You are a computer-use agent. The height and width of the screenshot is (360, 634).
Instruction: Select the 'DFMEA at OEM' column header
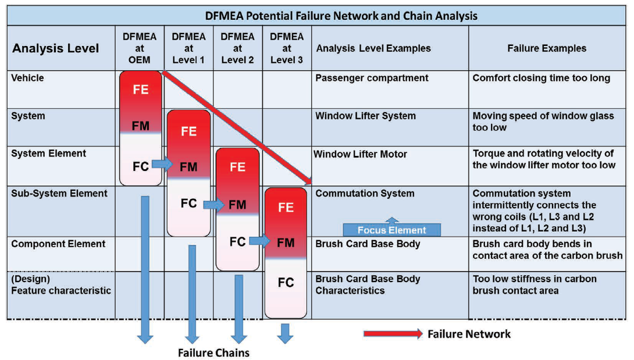pos(140,48)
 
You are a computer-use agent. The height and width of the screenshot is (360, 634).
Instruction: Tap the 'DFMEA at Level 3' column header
pos(287,48)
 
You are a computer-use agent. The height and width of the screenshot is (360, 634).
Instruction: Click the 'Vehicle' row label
pos(27,78)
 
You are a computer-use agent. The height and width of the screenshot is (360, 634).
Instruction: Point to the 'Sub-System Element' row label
pos(59,193)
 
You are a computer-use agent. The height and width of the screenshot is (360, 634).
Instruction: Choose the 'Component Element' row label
pos(58,244)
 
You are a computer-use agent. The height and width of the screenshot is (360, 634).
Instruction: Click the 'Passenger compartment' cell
pos(372,78)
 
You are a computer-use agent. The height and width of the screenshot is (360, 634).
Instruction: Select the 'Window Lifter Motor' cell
pos(361,154)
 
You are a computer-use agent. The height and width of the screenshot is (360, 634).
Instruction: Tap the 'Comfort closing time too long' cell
pos(541,78)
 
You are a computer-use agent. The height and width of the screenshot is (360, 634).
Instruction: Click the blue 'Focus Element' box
pos(391,230)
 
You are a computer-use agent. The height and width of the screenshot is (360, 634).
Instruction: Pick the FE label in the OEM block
pos(140,90)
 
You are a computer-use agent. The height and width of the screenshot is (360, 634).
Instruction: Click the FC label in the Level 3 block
pos(286,283)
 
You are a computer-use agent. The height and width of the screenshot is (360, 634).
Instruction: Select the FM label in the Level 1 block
pos(188,167)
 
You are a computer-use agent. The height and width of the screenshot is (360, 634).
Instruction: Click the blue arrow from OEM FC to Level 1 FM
pos(162,165)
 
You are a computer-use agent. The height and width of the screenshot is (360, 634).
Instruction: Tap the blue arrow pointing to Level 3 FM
pos(260,240)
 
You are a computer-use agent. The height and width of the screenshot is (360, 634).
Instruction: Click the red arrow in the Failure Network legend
pos(393,334)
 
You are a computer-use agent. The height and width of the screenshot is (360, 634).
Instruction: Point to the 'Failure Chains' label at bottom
pos(213,352)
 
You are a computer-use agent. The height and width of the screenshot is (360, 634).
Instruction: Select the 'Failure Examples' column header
pos(547,48)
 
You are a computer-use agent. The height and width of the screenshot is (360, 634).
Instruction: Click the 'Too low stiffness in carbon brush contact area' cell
pos(534,284)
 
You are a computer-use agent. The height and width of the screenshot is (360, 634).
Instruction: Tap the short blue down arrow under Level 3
pos(285,333)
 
